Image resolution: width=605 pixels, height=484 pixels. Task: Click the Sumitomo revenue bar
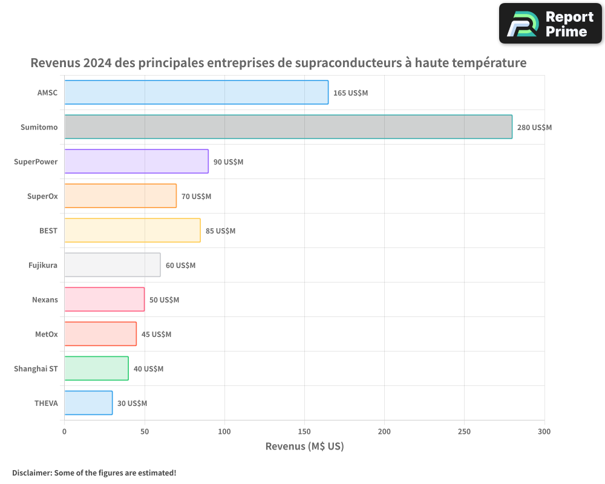(x=288, y=127)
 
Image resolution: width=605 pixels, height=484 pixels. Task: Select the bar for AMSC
(x=196, y=93)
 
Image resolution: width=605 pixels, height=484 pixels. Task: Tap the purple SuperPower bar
(x=136, y=162)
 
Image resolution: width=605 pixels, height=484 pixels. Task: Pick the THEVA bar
(x=88, y=403)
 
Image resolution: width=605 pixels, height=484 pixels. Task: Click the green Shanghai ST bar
(x=96, y=368)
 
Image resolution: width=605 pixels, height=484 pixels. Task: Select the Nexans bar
(x=104, y=299)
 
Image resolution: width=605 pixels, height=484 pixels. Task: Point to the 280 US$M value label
(x=534, y=128)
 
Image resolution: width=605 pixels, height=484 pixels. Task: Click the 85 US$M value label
(x=220, y=231)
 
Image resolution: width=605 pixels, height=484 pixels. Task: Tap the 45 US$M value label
(x=156, y=335)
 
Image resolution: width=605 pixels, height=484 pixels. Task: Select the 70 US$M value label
(x=196, y=197)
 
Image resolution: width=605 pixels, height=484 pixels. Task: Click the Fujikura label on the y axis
(x=43, y=265)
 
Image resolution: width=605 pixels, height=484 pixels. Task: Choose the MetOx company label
(x=47, y=334)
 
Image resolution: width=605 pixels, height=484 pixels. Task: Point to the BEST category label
(x=48, y=231)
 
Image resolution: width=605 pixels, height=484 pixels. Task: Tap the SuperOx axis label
(x=42, y=196)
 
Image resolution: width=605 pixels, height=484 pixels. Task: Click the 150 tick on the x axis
(x=304, y=431)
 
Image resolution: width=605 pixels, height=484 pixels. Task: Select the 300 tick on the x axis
(x=544, y=431)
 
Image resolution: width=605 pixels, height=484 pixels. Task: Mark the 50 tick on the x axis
(x=145, y=431)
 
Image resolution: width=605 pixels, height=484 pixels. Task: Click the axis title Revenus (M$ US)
(x=304, y=446)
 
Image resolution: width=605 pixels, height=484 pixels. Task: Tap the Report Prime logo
(x=550, y=24)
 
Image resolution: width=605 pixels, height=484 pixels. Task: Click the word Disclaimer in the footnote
(x=31, y=473)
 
